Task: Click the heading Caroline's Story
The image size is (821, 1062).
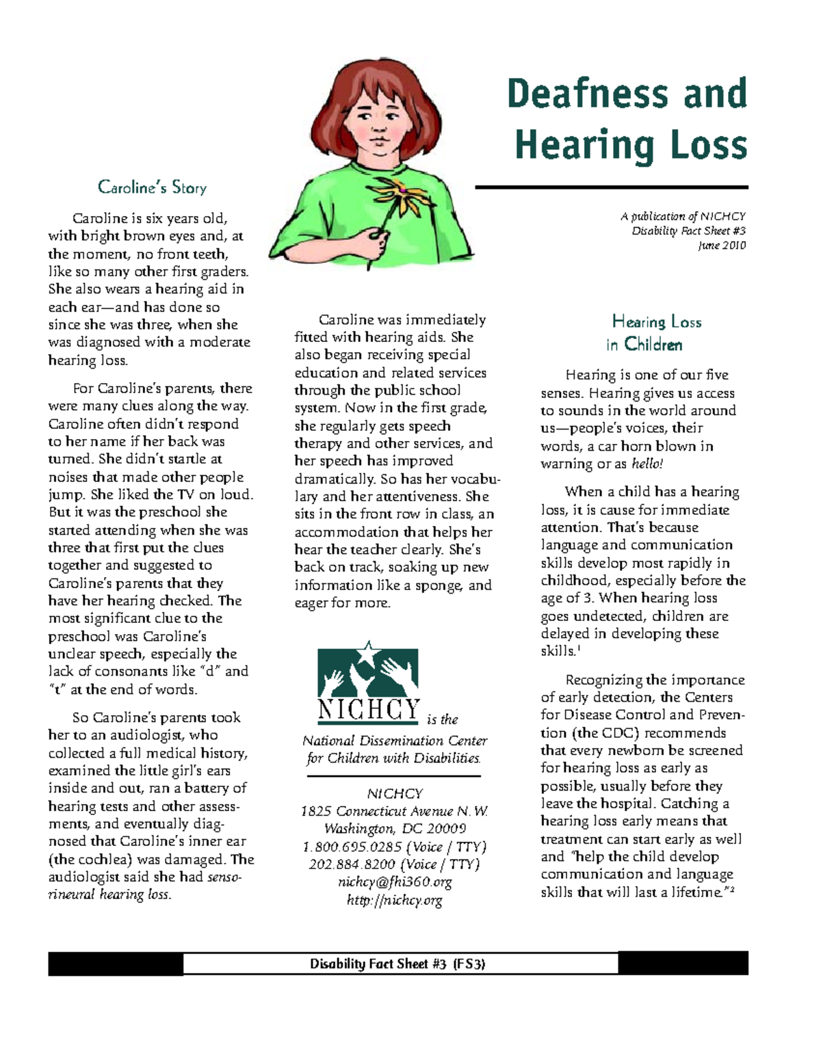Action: [x=152, y=187]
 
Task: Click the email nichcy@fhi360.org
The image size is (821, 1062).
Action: [x=394, y=882]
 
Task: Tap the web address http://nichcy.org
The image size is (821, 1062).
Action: [x=394, y=900]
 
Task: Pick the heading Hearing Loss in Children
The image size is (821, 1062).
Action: [x=644, y=333]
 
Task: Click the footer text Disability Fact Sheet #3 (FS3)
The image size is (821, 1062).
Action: [x=398, y=964]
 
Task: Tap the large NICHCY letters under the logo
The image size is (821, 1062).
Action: [x=368, y=710]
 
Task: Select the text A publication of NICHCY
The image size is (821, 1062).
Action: [x=682, y=216]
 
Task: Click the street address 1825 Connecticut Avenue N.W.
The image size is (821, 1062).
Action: [x=394, y=811]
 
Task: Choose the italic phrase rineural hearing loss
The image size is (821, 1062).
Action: [x=109, y=894]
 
